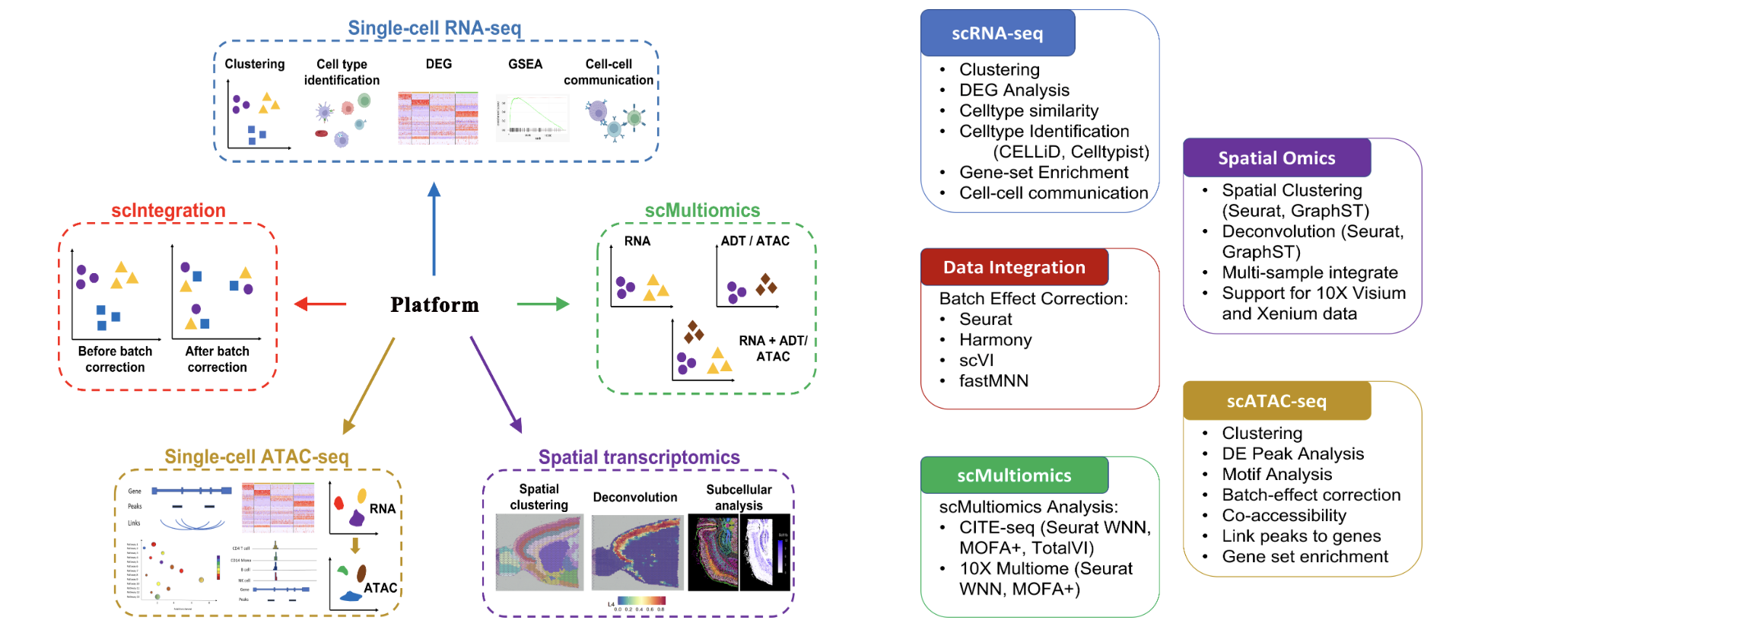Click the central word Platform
434,305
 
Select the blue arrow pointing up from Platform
434,228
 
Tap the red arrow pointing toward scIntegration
320,304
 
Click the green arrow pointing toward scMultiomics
543,304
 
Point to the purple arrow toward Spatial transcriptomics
496,384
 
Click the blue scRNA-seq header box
997,33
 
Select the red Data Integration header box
1014,268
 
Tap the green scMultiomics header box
1014,475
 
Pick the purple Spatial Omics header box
1276,158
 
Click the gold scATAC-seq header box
1276,401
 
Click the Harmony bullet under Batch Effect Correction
995,340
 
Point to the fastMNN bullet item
993,381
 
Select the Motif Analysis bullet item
1276,475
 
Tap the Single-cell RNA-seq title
434,28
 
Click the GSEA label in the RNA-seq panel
525,64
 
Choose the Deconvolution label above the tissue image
634,498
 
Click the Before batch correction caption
115,359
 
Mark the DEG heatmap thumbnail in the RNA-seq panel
437,118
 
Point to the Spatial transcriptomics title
639,457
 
